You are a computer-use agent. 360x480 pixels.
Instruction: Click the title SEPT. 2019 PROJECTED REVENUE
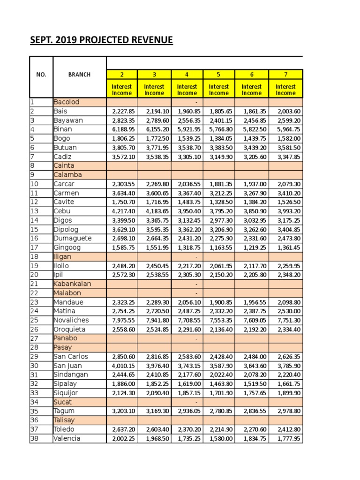(x=102, y=40)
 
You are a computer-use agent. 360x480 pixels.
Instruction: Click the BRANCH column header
(x=79, y=75)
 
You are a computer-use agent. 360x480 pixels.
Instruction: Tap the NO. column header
(x=41, y=75)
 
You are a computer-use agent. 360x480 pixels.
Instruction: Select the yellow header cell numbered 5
(x=218, y=74)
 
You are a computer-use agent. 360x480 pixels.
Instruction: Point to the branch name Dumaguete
(x=72, y=238)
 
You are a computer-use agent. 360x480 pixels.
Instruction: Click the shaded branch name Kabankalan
(x=72, y=284)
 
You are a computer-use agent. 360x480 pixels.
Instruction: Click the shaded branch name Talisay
(x=64, y=420)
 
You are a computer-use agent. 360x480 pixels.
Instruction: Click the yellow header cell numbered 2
(x=122, y=74)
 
